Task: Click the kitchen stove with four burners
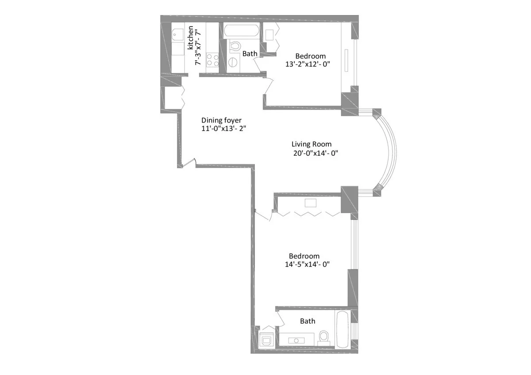coord(212,60)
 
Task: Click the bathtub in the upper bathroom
coord(242,31)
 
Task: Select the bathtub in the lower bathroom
coord(343,329)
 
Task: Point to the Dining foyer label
coord(221,120)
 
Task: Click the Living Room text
coord(311,144)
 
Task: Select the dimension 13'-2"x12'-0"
coord(308,64)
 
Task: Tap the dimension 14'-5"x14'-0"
coord(308,264)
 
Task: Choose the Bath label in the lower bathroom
coord(308,321)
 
